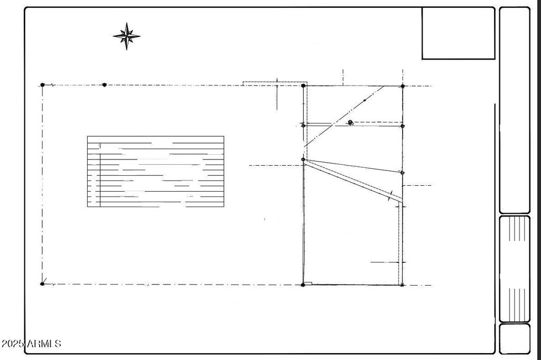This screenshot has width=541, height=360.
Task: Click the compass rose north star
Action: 127,36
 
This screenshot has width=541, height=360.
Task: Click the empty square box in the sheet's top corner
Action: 458,33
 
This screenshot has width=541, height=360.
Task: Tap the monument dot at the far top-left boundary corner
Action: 42,84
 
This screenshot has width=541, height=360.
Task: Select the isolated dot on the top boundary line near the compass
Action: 105,85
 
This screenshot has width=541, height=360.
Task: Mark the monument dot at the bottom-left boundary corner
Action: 42,284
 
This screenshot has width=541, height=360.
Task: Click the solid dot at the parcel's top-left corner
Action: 303,86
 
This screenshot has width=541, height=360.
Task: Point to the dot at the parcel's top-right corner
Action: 403,86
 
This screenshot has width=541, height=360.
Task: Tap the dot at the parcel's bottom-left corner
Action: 303,285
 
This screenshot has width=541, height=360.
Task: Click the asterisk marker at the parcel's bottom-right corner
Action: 402,285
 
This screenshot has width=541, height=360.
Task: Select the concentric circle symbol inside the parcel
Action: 351,122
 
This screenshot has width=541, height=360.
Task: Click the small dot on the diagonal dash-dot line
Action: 365,100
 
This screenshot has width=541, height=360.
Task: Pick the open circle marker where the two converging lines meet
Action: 303,159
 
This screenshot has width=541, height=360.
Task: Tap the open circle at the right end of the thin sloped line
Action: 403,173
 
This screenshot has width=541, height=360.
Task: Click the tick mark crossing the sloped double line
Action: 390,195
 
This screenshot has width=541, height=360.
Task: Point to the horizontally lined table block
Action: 156,172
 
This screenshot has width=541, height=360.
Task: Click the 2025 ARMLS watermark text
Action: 31,344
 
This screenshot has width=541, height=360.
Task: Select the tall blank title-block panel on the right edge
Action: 515,110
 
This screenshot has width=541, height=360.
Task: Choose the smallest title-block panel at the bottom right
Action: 515,338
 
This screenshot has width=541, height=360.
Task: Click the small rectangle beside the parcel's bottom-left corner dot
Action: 309,283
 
